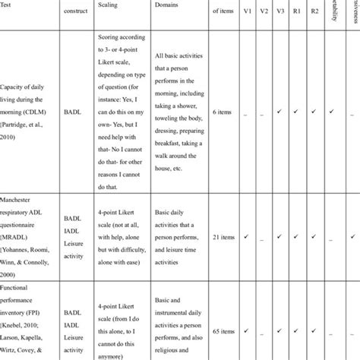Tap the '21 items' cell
pyautogui.click(x=221, y=237)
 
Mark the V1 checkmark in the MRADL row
pyautogui.click(x=248, y=237)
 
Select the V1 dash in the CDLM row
pyautogui.click(x=248, y=114)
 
